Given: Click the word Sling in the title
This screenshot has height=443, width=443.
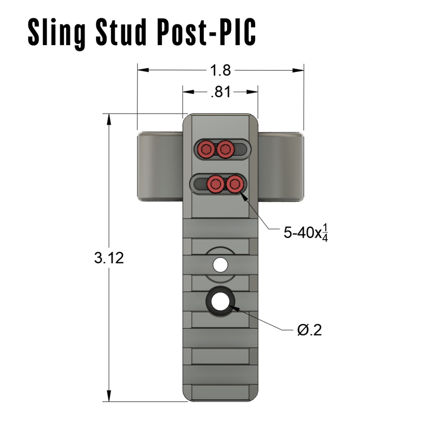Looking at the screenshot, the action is tap(57, 32).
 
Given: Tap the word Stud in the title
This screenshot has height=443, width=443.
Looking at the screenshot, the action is tap(121, 31).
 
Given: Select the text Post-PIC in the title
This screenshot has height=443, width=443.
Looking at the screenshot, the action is tap(206, 31).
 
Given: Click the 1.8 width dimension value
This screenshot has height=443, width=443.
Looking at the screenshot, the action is tap(220, 70).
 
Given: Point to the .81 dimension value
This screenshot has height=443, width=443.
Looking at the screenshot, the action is tap(220, 92).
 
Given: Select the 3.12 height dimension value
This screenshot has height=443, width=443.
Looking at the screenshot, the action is tap(109, 258).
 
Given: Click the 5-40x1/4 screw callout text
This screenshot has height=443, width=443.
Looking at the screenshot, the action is tap(306, 233).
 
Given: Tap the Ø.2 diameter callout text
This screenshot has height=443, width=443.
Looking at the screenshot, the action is tap(309, 330).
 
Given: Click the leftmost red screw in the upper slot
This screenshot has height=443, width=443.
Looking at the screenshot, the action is tap(206, 148).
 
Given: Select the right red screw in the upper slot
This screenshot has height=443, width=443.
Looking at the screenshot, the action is tap(225, 148).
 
